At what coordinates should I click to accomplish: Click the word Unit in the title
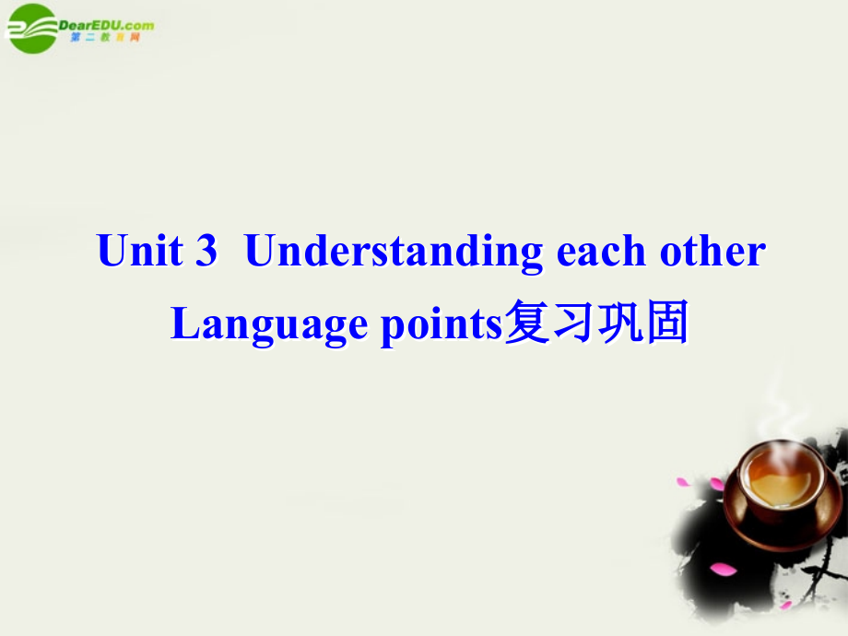[139, 250]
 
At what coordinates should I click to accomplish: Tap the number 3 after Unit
[206, 250]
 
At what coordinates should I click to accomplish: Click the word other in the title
[713, 250]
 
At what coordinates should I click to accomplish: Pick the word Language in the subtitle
[269, 324]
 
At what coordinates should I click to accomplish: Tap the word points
[442, 325]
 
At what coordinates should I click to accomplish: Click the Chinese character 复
[527, 322]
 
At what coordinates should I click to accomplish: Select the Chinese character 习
[573, 322]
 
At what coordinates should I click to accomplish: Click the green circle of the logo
[32, 29]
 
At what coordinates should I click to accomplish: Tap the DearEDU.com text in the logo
[106, 25]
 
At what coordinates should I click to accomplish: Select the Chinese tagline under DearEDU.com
[105, 37]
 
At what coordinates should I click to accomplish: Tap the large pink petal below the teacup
[723, 570]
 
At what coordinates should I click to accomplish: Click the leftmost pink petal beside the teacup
[683, 481]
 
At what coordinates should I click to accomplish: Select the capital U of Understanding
[262, 251]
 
